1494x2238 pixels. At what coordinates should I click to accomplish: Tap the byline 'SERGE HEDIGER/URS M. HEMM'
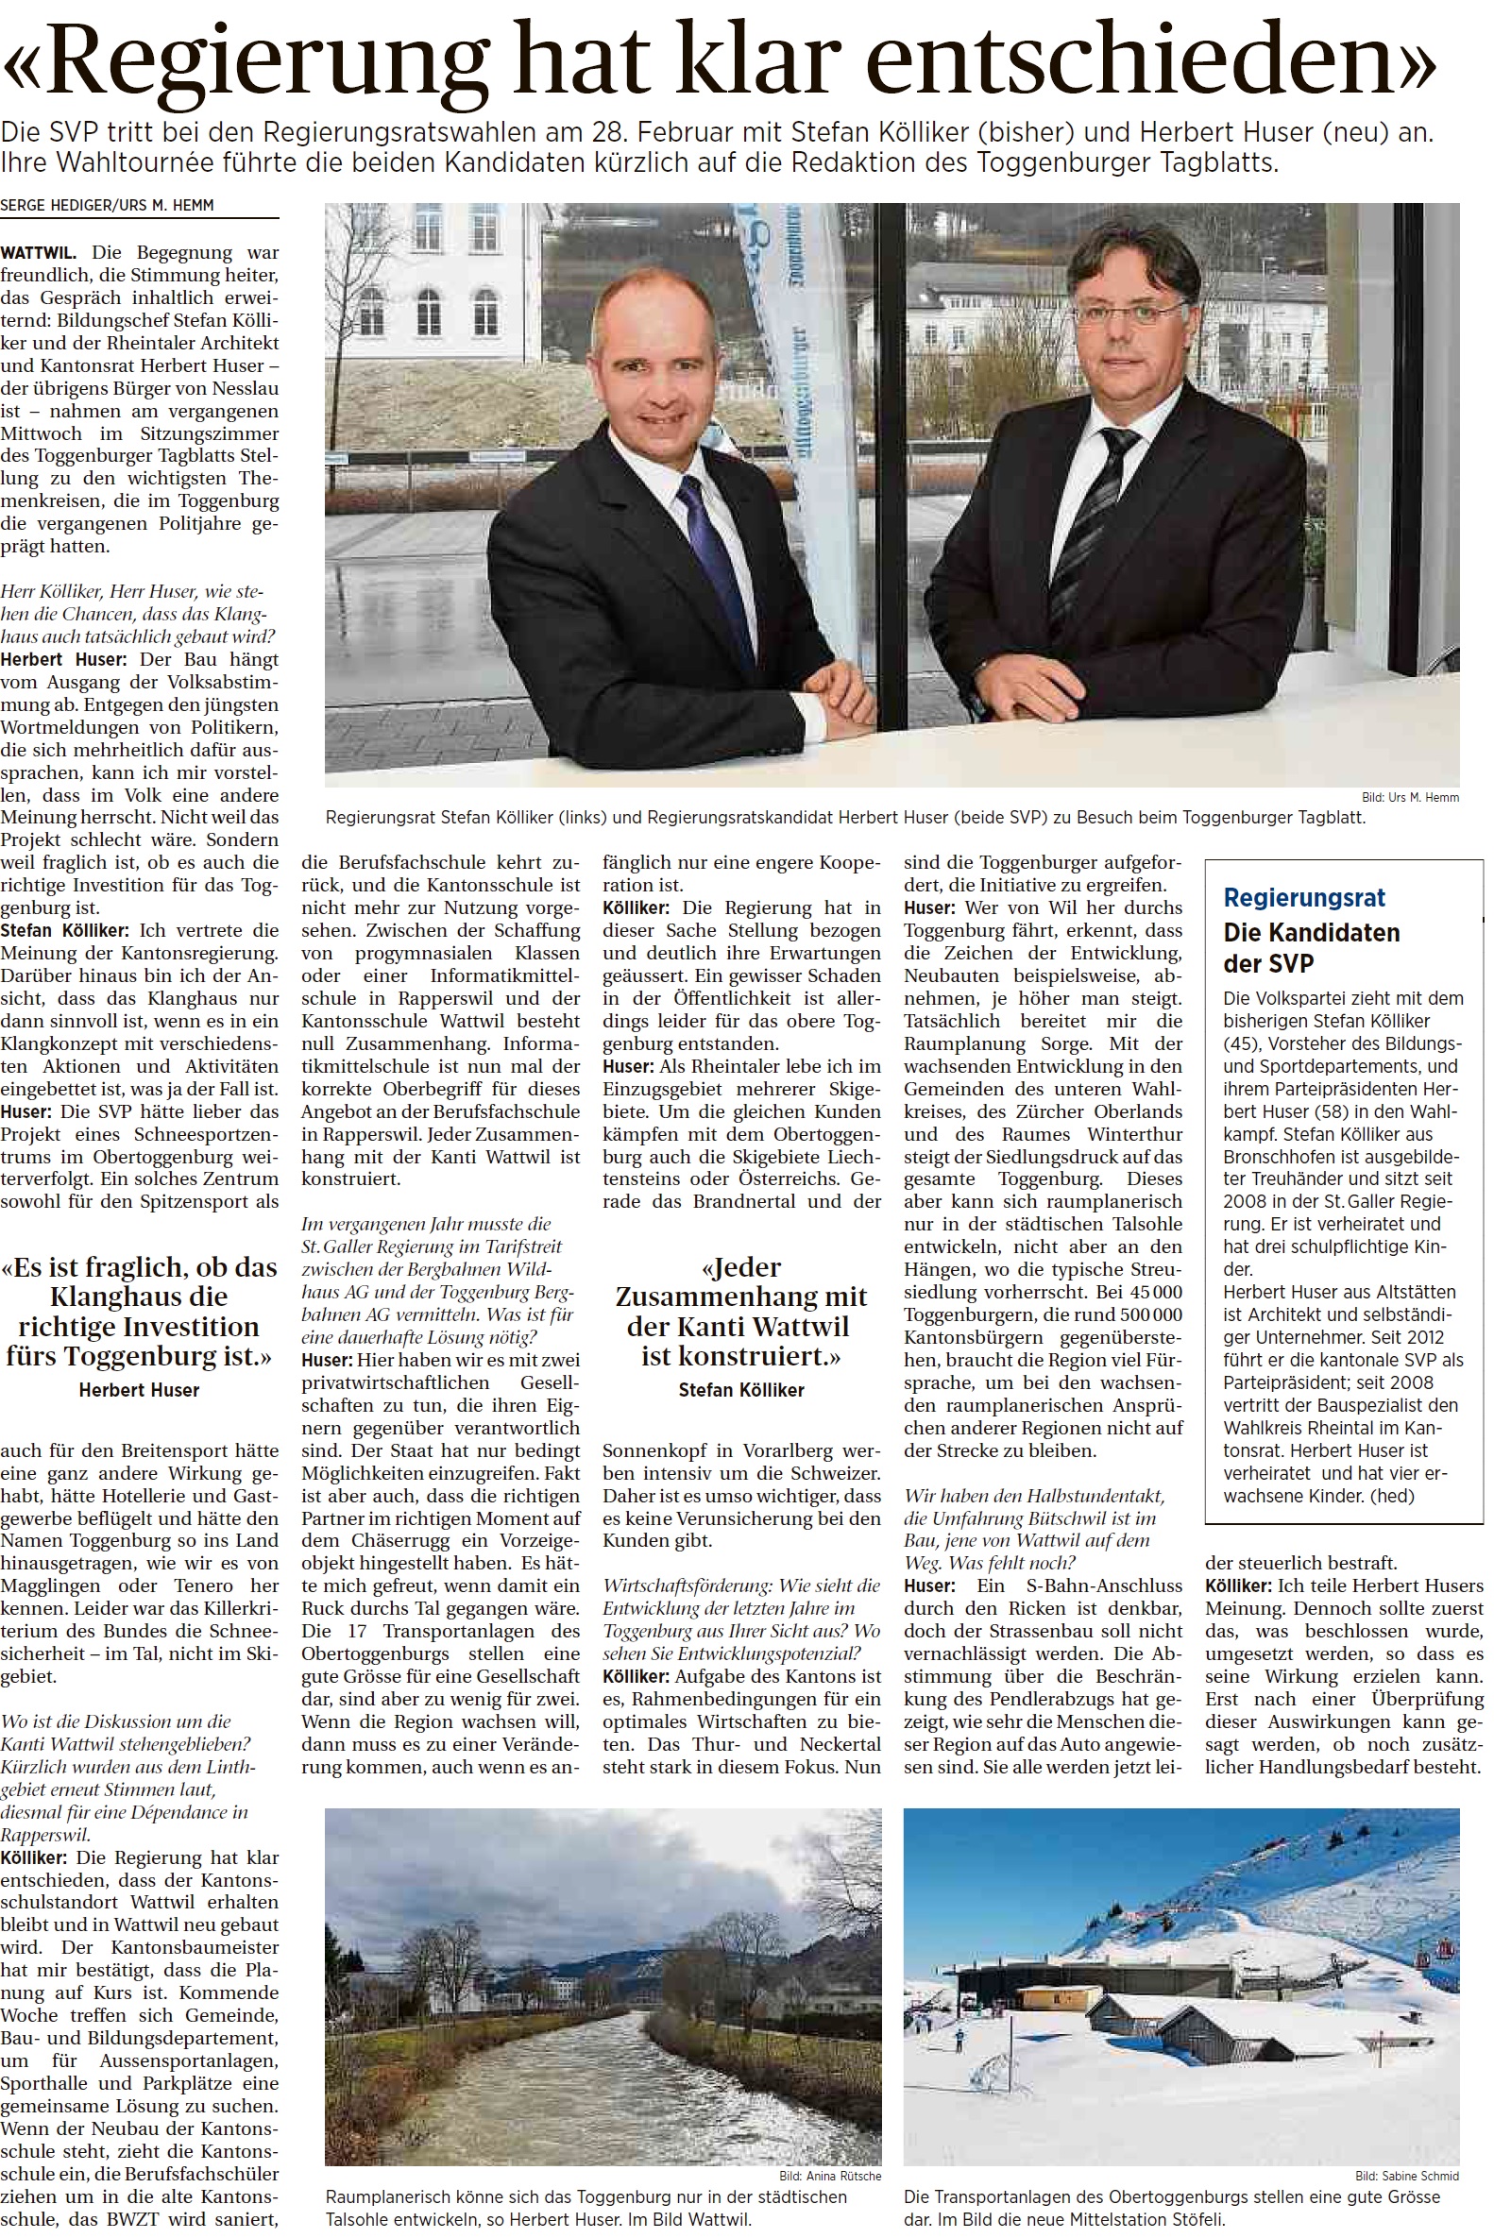107,205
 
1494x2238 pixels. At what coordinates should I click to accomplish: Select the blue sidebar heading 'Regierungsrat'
1303,897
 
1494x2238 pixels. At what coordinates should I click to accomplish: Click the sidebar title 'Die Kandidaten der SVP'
1311,947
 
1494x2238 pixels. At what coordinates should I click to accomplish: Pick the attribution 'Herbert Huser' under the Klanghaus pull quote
139,1390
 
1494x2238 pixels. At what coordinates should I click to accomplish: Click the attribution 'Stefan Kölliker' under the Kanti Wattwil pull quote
741,1390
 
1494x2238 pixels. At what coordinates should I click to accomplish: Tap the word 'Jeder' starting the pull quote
746,1268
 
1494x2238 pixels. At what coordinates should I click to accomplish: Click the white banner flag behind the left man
798,371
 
